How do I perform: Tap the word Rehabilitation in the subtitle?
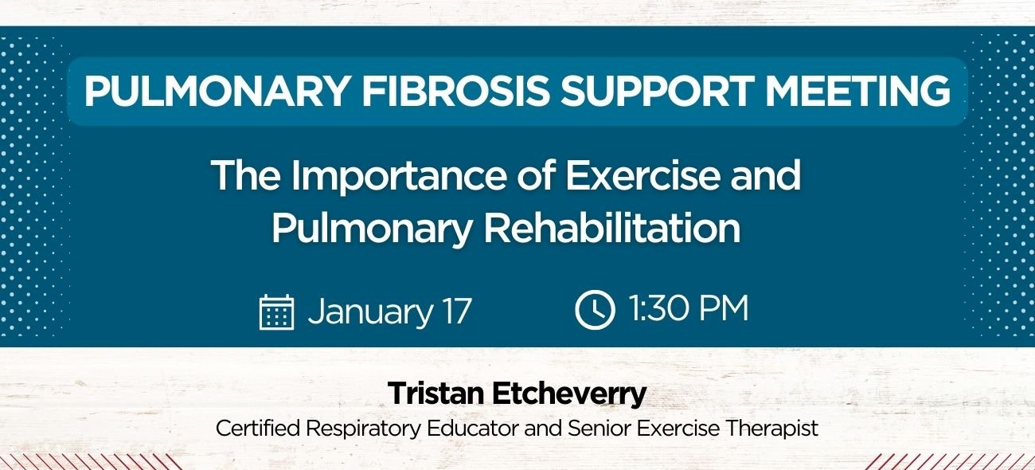tap(613, 229)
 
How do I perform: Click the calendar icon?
tap(277, 311)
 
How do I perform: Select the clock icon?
tap(595, 311)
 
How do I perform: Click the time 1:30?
tap(655, 310)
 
